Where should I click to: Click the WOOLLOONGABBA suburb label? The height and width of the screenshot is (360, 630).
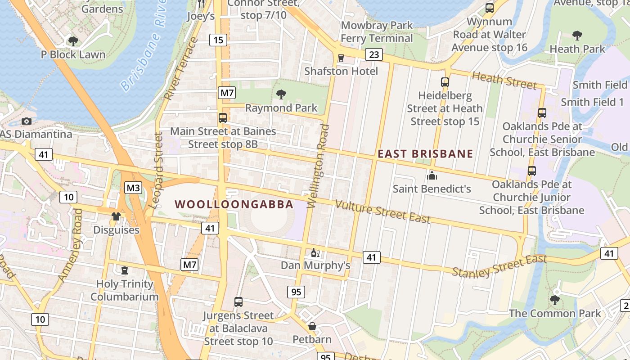pyautogui.click(x=234, y=204)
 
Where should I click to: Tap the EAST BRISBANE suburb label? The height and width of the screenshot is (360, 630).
pyautogui.click(x=425, y=154)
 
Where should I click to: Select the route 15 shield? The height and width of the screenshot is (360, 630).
pyautogui.click(x=218, y=40)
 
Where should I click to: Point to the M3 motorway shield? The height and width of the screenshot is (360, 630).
pyautogui.click(x=133, y=188)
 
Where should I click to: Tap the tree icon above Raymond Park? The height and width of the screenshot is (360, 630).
pyautogui.click(x=281, y=94)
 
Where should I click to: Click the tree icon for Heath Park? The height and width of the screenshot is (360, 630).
pyautogui.click(x=577, y=35)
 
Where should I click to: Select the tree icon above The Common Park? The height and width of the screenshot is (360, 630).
pyautogui.click(x=555, y=300)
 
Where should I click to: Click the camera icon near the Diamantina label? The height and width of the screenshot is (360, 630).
pyautogui.click(x=27, y=121)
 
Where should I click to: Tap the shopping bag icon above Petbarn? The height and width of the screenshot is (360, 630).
pyautogui.click(x=312, y=326)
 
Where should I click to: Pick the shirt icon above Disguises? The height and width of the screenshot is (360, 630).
pyautogui.click(x=116, y=216)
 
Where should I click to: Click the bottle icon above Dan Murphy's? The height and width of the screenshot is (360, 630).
pyautogui.click(x=315, y=252)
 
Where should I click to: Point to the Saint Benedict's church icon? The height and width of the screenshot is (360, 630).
pyautogui.click(x=432, y=175)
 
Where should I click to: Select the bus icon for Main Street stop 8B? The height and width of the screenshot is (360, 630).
pyautogui.click(x=223, y=118)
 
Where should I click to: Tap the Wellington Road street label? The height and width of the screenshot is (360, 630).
pyautogui.click(x=318, y=166)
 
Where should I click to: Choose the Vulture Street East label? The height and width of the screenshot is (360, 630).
pyautogui.click(x=383, y=212)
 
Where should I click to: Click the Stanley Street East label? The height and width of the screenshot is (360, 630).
pyautogui.click(x=499, y=266)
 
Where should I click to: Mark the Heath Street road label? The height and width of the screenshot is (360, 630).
pyautogui.click(x=504, y=81)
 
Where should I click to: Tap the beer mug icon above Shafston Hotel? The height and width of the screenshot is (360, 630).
pyautogui.click(x=341, y=58)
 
